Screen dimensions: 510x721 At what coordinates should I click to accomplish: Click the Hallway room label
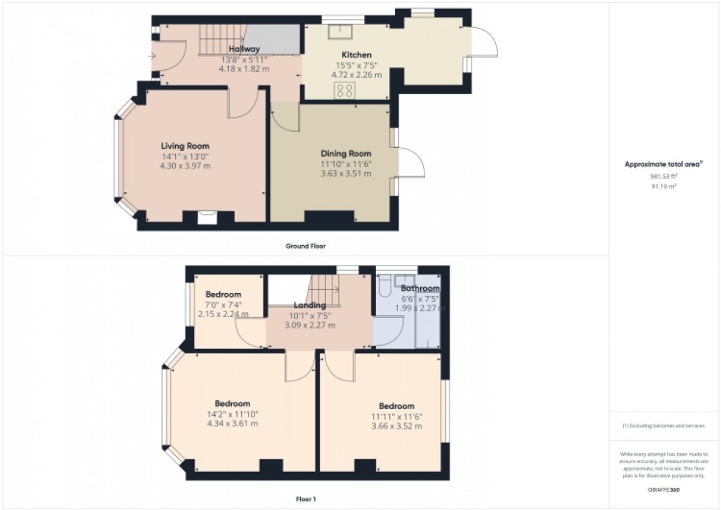244,49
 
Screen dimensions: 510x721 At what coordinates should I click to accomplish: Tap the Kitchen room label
356,54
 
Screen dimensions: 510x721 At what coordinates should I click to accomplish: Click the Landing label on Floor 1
310,305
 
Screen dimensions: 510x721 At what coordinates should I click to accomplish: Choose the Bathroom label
420,288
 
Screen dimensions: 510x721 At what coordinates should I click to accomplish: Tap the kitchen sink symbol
342,32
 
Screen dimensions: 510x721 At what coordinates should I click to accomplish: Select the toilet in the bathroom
385,288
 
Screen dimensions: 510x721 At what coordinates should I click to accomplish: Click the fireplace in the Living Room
207,216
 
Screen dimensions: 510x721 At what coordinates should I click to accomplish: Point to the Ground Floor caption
305,246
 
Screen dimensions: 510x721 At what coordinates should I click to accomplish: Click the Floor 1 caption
305,499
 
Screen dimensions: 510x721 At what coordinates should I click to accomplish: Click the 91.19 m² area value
664,186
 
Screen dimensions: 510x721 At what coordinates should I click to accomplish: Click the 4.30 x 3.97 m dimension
185,166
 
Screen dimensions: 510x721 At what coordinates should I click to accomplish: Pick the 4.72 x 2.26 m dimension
357,74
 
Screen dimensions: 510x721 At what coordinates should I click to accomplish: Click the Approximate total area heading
664,164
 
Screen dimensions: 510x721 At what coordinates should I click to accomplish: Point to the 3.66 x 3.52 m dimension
397,426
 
